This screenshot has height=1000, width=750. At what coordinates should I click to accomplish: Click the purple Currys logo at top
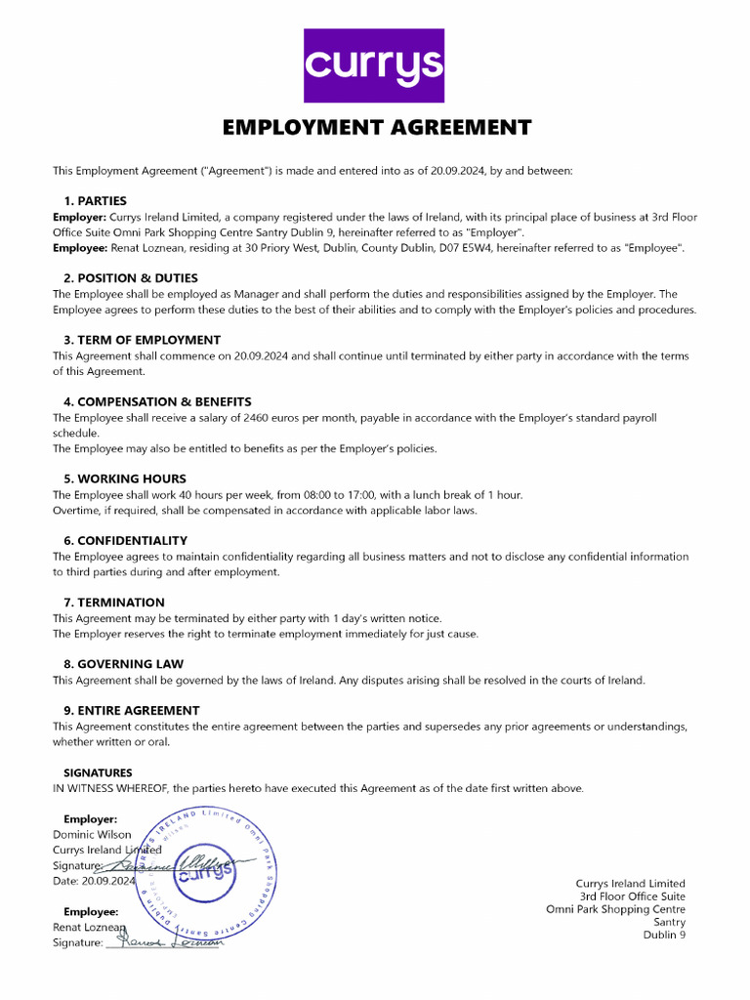click(375, 65)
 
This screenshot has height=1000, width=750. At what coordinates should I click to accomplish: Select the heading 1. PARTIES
click(95, 201)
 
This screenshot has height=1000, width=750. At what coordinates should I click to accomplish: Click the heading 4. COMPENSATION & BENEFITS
click(157, 401)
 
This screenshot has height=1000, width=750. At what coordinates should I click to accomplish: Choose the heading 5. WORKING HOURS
click(124, 479)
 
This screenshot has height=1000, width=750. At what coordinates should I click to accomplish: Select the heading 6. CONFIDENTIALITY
click(125, 540)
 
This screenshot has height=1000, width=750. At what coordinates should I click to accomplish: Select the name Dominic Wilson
click(91, 835)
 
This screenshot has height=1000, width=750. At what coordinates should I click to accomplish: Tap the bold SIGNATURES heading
click(98, 772)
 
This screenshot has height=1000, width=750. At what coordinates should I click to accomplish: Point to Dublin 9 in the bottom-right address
click(664, 936)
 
